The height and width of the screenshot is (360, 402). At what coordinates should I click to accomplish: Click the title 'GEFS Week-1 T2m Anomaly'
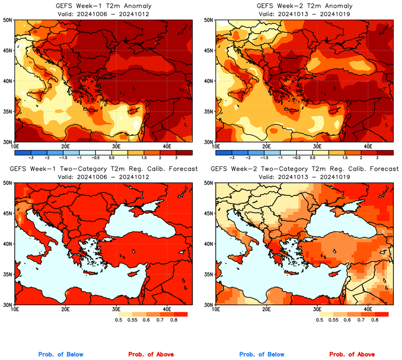point(103,6)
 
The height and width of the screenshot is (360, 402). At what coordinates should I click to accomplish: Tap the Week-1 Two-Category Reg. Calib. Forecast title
point(103,169)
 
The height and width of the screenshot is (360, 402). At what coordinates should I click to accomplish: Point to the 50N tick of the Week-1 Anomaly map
point(8,20)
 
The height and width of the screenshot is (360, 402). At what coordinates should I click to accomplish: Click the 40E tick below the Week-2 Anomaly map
point(368,146)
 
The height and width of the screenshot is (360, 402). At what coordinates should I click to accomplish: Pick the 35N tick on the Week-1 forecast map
point(8,274)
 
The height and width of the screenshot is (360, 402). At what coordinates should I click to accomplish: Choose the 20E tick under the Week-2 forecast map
point(267,309)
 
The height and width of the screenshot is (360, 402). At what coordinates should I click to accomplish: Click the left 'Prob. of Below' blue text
point(61,355)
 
